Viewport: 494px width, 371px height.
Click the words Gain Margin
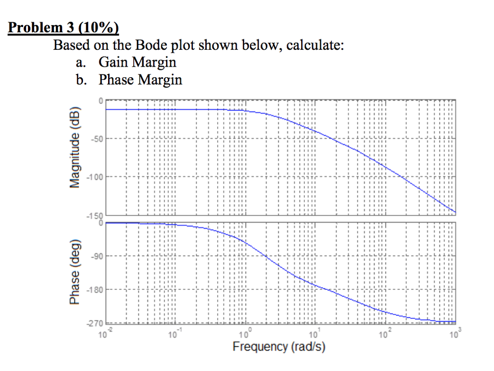137,62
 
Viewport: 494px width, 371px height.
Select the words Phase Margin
140,80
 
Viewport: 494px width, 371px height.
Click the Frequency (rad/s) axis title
279,346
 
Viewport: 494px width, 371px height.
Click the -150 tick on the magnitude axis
95,216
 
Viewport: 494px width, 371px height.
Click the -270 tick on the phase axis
95,324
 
